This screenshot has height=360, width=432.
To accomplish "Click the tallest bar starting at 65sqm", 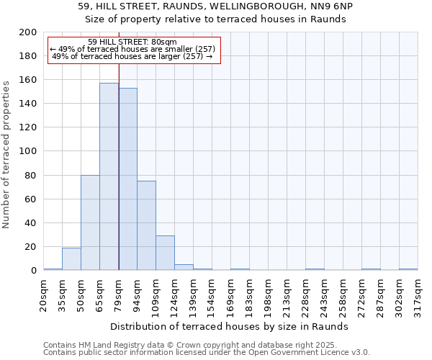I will click(x=109, y=176).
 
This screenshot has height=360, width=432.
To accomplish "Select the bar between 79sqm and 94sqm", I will click(x=127, y=179).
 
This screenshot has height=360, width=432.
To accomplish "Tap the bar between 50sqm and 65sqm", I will click(x=90, y=222).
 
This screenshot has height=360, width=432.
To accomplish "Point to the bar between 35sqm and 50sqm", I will click(x=71, y=259).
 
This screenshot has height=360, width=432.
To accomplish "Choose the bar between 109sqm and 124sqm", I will click(x=165, y=253).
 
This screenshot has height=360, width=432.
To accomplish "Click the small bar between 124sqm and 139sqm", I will click(x=184, y=267).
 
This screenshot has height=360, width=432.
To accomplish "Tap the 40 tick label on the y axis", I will click(x=31, y=223).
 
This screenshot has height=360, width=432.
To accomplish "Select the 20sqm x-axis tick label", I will click(x=44, y=293).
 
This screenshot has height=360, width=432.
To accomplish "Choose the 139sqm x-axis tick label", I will click(x=194, y=293).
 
